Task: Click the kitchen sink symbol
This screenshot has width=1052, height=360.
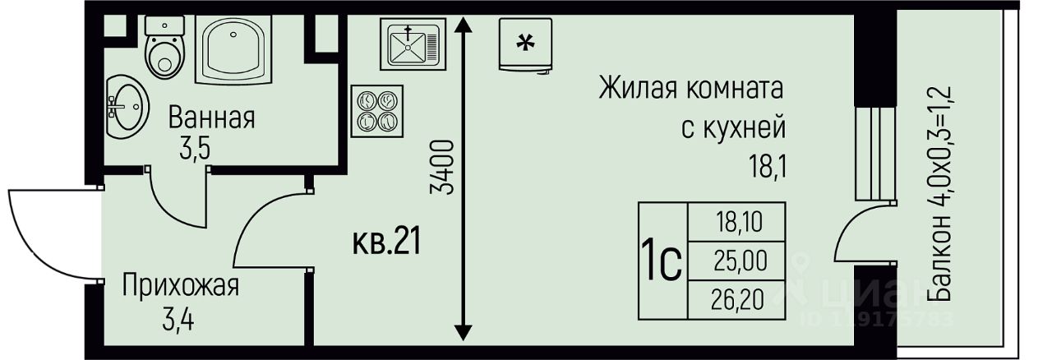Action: pyautogui.click(x=412, y=44)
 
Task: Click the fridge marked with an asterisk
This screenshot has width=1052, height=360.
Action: pyautogui.click(x=524, y=44)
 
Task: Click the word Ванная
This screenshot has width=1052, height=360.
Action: pyautogui.click(x=211, y=118)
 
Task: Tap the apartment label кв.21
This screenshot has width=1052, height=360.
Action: pyautogui.click(x=386, y=243)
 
